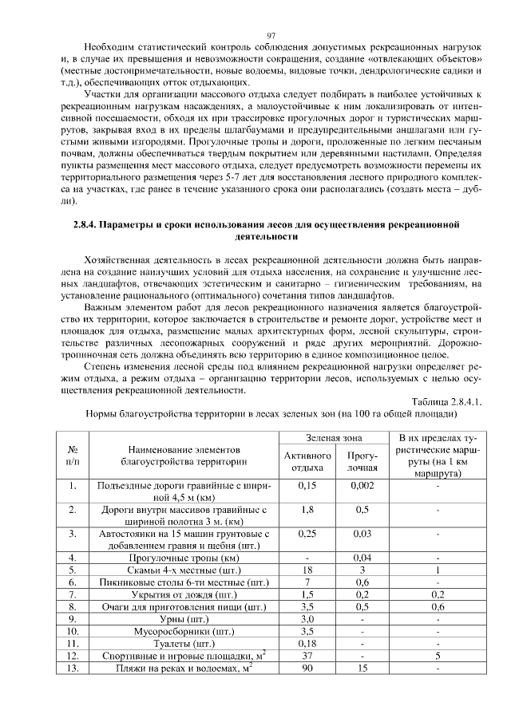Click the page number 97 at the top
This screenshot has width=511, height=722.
[x=271, y=35]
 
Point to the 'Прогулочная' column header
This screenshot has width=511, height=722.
[x=362, y=461]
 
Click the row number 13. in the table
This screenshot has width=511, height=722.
[x=73, y=669]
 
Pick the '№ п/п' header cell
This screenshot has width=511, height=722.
[x=73, y=455]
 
